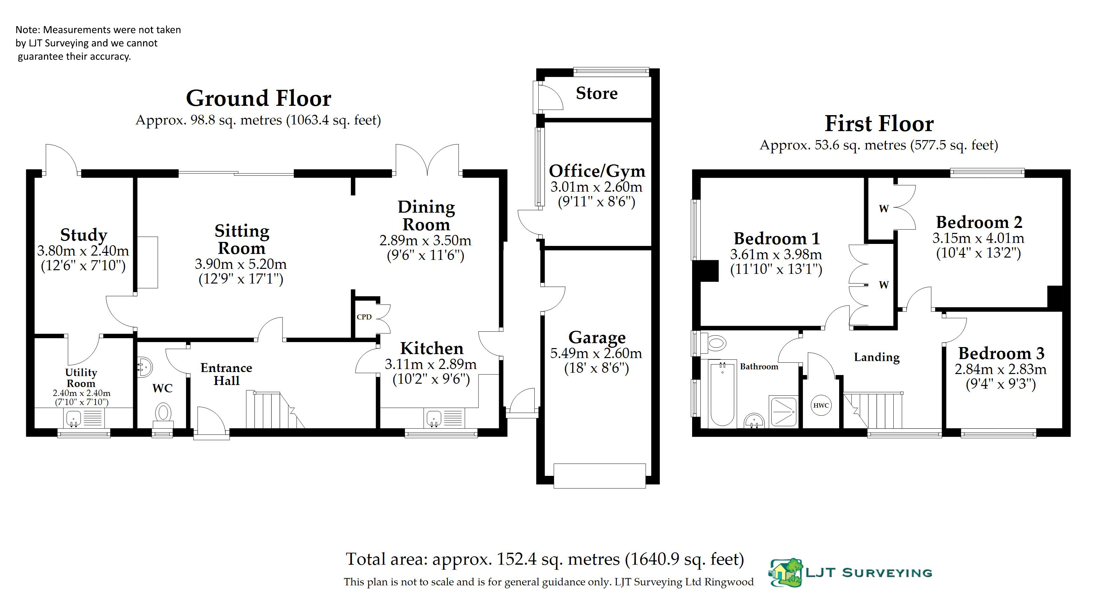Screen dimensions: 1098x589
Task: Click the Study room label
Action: (x=84, y=235)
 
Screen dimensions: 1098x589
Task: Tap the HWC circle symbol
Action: (x=821, y=405)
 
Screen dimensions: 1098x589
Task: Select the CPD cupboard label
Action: (x=364, y=317)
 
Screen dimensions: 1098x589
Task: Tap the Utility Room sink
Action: (x=74, y=418)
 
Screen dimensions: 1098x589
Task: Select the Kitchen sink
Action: (x=434, y=418)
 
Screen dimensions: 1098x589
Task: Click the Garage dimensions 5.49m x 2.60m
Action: (x=596, y=353)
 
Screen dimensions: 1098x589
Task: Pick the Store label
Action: (x=597, y=93)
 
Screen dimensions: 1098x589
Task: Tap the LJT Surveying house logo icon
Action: (x=787, y=572)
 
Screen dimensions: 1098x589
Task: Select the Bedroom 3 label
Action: (x=1001, y=353)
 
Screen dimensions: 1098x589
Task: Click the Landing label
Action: (x=877, y=357)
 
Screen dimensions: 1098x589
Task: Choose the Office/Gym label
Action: (x=597, y=171)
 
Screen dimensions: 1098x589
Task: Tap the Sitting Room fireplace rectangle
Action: (x=147, y=262)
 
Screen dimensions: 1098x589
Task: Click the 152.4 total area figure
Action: (x=517, y=559)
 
